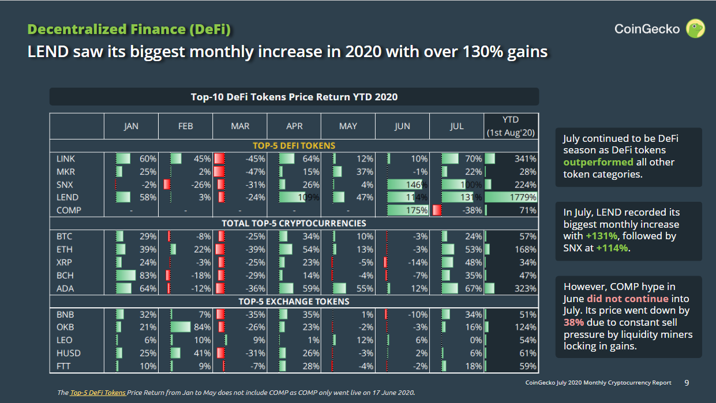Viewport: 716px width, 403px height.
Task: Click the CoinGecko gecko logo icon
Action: click(695, 28)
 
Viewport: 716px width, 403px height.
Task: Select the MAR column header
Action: click(240, 126)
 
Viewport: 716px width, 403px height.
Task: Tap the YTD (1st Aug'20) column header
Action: click(511, 126)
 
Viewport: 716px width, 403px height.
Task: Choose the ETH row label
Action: click(64, 249)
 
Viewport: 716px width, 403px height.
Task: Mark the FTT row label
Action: click(63, 366)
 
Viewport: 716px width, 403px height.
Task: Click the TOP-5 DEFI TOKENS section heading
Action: click(294, 145)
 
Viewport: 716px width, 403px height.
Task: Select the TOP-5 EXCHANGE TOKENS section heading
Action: click(294, 302)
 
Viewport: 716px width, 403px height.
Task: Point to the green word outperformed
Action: click(598, 162)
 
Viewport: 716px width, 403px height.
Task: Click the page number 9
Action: click(686, 382)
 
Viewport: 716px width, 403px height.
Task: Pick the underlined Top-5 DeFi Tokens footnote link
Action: click(98, 393)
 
